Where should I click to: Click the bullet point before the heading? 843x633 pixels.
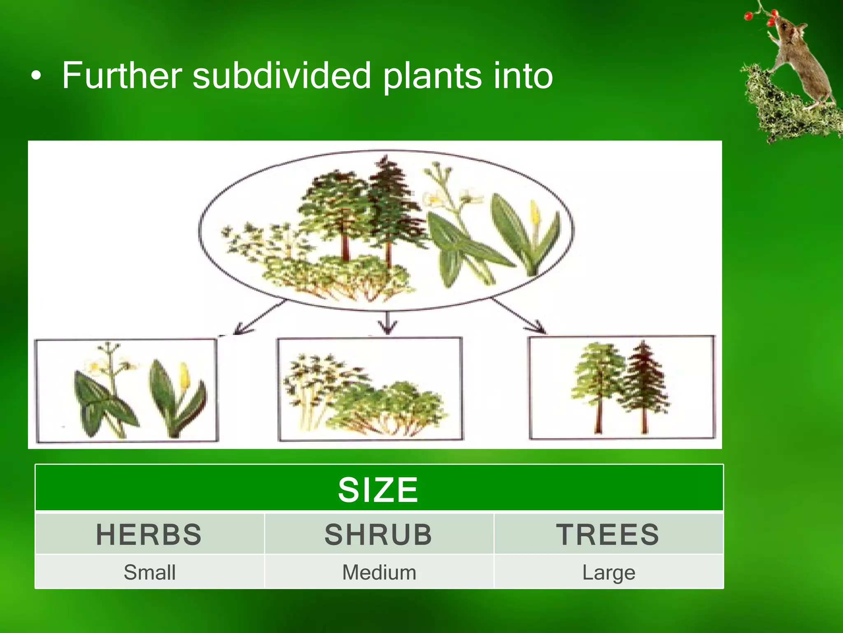point(36,76)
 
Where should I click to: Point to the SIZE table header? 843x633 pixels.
point(378,490)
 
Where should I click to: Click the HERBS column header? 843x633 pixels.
point(149,535)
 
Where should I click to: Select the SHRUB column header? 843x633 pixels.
point(378,535)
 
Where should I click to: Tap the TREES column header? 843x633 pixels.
point(608,535)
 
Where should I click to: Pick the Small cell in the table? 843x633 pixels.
point(149,572)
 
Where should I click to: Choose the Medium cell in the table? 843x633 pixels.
point(379,572)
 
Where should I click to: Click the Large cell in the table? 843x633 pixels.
point(609,572)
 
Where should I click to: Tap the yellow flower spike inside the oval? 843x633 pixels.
point(534,214)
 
